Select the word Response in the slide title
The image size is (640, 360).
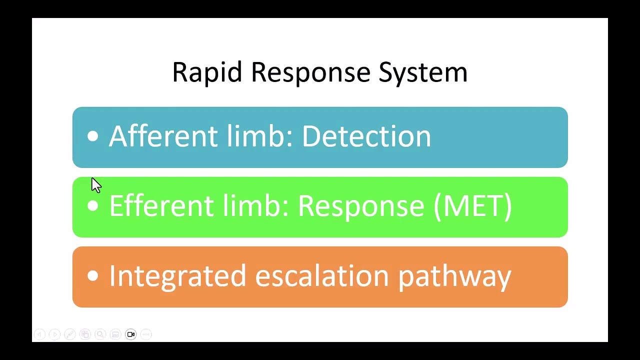click(x=310, y=72)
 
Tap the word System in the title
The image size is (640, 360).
click(x=423, y=72)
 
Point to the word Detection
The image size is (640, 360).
click(x=366, y=136)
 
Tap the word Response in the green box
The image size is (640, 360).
click(x=361, y=206)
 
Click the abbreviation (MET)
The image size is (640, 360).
click(x=472, y=206)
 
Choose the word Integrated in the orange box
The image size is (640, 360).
click(x=177, y=276)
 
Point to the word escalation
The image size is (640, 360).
click(x=322, y=276)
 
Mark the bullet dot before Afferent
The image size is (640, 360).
click(x=92, y=136)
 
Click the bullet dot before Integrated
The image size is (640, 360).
click(x=92, y=276)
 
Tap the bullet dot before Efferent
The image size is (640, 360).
click(x=92, y=206)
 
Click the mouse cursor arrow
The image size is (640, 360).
click(x=95, y=184)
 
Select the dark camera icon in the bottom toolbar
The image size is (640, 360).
click(x=130, y=334)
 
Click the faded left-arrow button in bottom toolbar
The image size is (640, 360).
click(x=39, y=334)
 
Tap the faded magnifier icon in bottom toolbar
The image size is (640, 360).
click(x=100, y=334)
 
